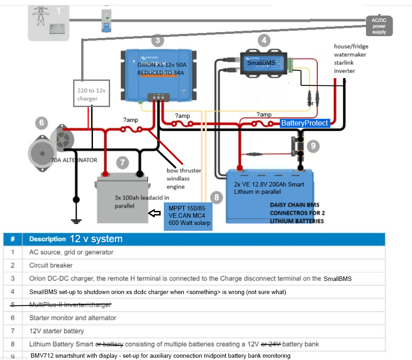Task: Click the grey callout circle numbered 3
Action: (x=157, y=40)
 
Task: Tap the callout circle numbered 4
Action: (x=264, y=40)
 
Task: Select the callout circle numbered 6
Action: (x=41, y=122)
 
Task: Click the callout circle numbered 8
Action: (x=217, y=197)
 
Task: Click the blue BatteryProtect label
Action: (x=305, y=123)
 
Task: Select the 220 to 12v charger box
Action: (x=92, y=94)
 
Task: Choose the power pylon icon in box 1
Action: (x=41, y=15)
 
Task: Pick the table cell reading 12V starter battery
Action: (x=56, y=331)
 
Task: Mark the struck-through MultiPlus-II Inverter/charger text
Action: (x=70, y=304)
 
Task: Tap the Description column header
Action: (x=48, y=239)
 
